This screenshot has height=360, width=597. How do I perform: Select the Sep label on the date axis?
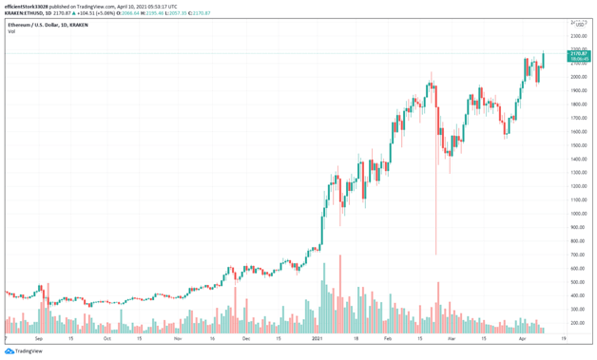click(x=38, y=338)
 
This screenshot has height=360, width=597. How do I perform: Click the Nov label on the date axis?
click(x=178, y=338)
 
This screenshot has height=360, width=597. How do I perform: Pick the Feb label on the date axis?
click(x=388, y=338)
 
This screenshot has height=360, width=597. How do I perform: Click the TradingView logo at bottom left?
click(x=25, y=351)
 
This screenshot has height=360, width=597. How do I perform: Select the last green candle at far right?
click(x=544, y=61)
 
